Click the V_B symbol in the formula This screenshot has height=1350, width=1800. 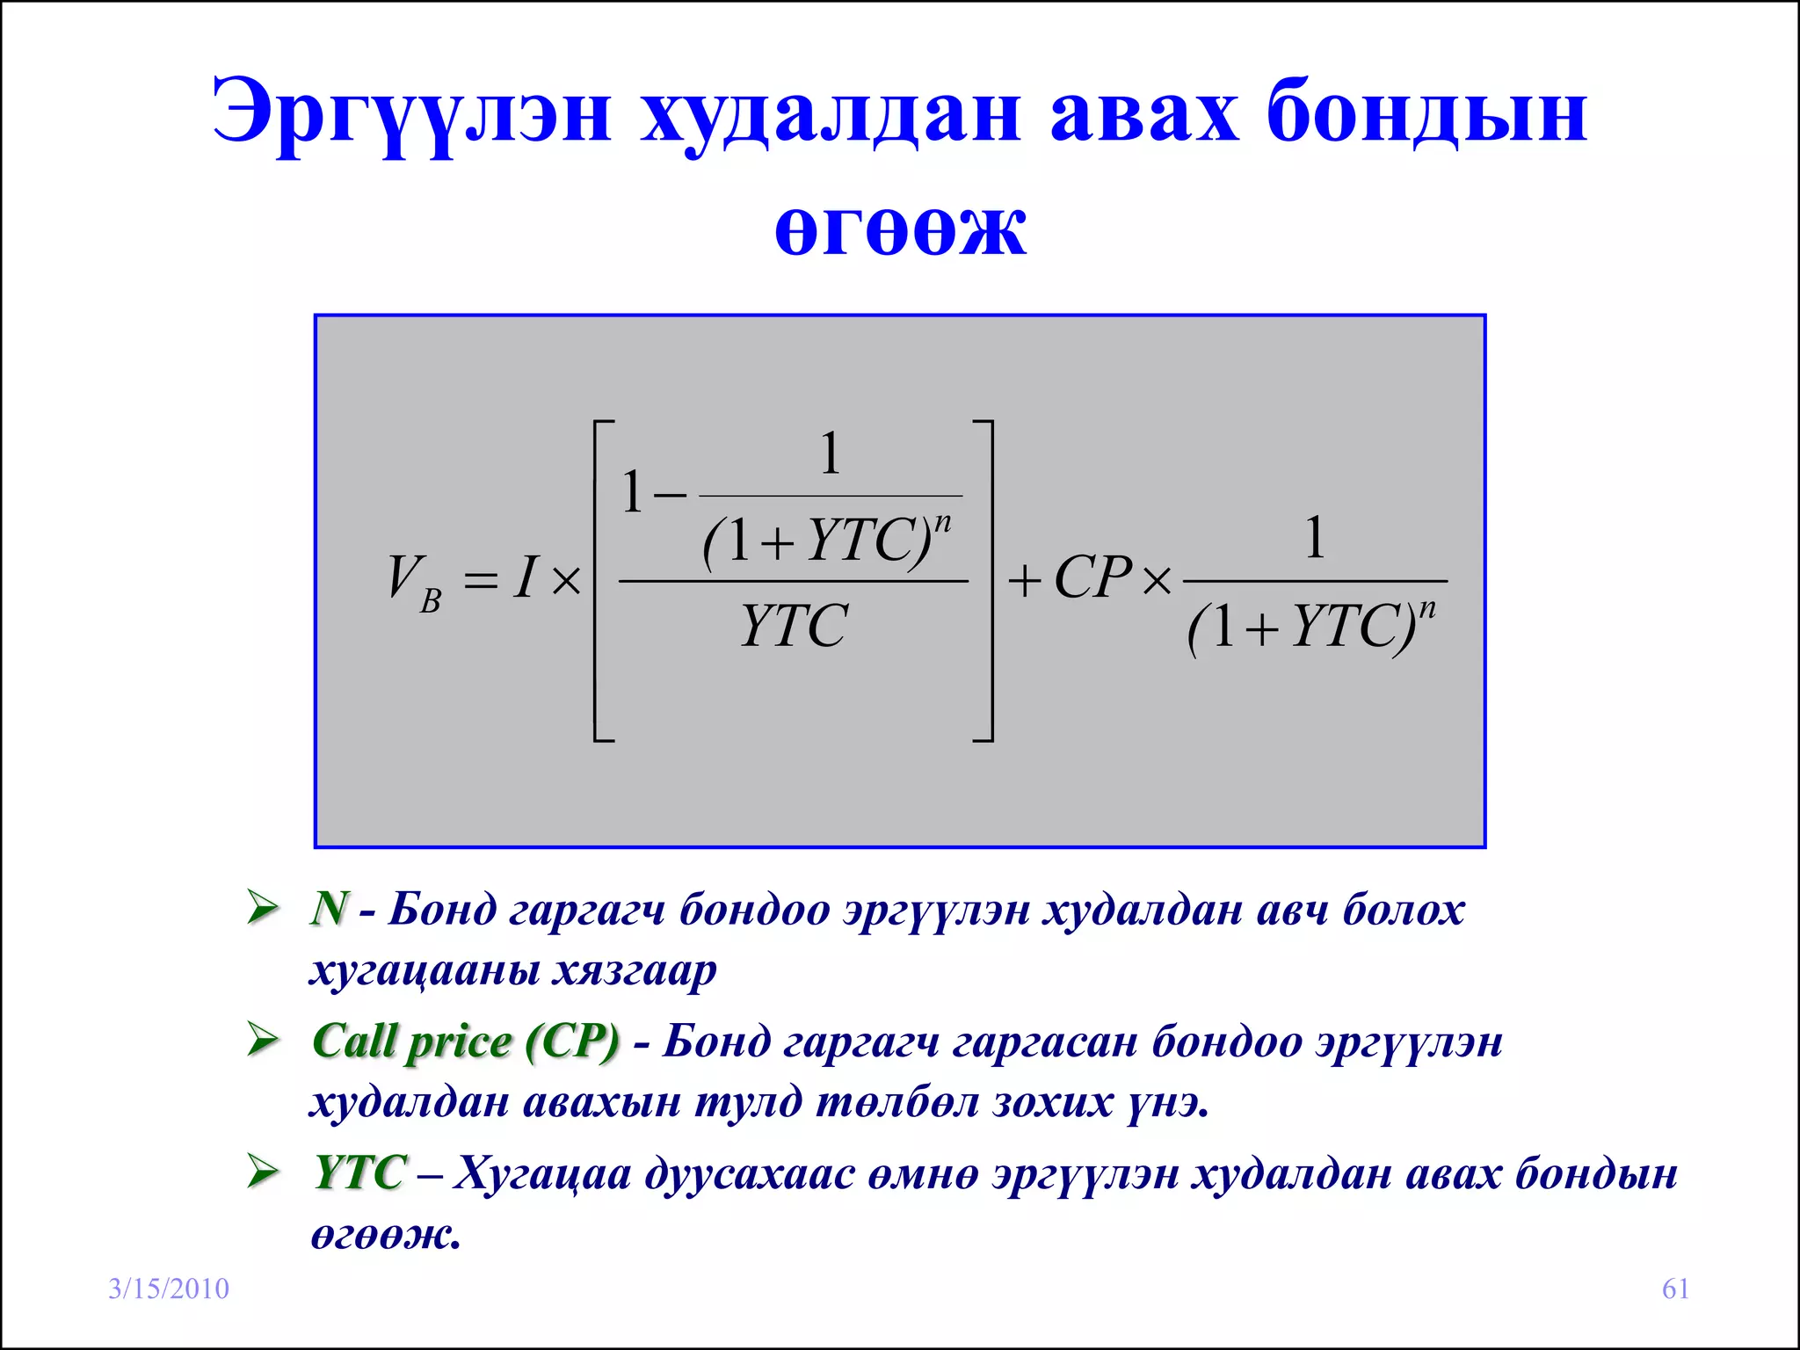tap(413, 582)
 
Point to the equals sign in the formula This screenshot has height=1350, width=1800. tap(481, 580)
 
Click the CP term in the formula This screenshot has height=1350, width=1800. tap(1092, 578)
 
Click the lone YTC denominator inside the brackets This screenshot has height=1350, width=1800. tap(794, 626)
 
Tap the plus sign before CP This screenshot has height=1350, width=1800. tap(1024, 581)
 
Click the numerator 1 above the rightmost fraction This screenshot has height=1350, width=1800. tap(1314, 538)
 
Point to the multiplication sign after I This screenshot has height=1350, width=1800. tap(567, 581)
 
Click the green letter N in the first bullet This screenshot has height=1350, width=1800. tap(330, 908)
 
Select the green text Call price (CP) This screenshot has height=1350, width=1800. tap(466, 1042)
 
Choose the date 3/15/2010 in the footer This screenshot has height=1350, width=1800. tap(169, 1288)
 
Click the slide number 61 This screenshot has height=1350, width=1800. tap(1675, 1288)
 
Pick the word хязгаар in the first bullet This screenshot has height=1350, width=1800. tap(635, 971)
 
